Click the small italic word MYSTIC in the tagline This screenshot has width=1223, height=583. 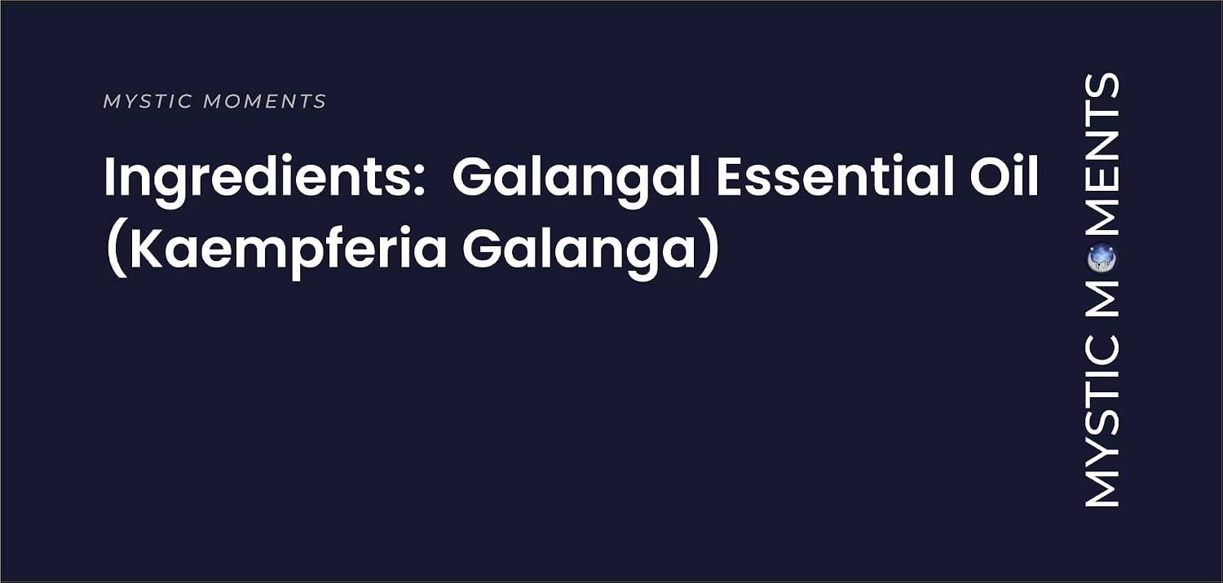[x=148, y=102]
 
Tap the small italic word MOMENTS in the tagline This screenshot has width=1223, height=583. [x=265, y=102]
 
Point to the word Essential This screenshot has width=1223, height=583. [x=834, y=176]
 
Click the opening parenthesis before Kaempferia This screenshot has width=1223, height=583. [x=117, y=249]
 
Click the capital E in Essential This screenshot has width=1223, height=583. [x=731, y=176]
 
